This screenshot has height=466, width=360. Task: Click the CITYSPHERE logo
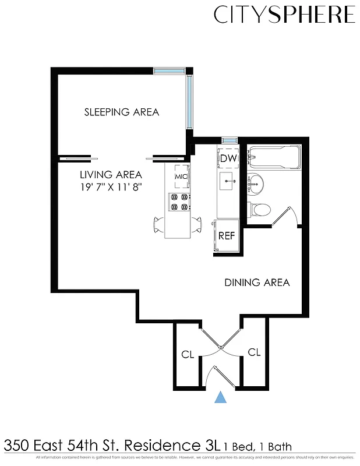(284, 15)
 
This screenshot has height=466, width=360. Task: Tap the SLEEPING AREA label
(121, 112)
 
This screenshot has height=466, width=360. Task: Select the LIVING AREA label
(111, 174)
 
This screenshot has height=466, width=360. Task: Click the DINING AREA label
(257, 283)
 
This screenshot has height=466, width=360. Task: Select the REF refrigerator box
(226, 236)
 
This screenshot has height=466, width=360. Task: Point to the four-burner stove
(179, 202)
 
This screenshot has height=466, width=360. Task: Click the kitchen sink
(228, 181)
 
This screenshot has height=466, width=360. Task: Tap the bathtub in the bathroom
(274, 157)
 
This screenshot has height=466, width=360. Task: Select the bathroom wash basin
(255, 185)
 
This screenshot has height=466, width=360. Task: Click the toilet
(257, 209)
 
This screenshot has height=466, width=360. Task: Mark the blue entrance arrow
(220, 397)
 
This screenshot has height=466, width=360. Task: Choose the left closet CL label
(187, 354)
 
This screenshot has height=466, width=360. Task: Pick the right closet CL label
(254, 352)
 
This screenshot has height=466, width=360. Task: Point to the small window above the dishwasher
(229, 140)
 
